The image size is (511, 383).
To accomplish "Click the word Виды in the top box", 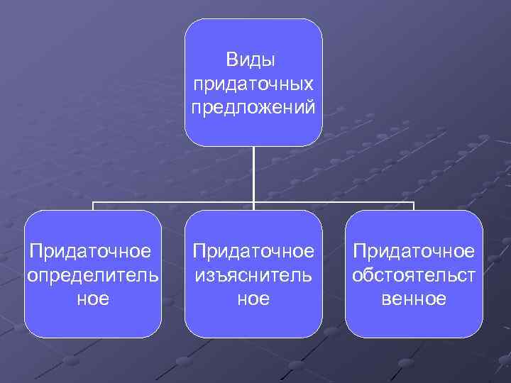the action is click(253, 60).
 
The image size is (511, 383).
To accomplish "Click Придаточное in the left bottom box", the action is click(90, 251).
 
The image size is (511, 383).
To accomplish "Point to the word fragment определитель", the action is click(93, 274).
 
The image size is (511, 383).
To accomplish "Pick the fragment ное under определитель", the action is click(93, 299).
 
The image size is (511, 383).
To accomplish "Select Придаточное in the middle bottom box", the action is click(253, 251).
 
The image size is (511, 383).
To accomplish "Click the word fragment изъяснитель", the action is click(253, 274).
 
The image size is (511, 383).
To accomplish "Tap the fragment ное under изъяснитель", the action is click(253, 299).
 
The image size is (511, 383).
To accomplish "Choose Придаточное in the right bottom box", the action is click(414, 251).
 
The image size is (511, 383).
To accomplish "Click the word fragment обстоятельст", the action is click(414, 274).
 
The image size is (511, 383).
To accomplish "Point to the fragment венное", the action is click(414, 299).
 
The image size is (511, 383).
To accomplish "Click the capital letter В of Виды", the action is click(232, 60).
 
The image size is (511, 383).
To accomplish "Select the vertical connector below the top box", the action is click(253, 174).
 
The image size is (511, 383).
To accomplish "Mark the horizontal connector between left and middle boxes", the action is click(174, 203).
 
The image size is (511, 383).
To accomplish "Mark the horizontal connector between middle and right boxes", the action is click(334, 203).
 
